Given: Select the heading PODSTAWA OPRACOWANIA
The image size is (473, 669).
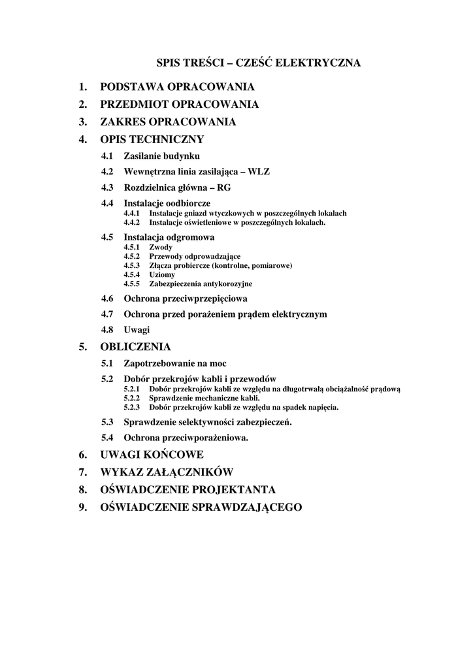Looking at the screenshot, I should [x=177, y=87].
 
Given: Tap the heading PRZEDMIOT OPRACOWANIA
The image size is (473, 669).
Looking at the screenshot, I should [x=179, y=105].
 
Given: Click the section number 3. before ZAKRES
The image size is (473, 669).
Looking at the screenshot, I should [x=83, y=122].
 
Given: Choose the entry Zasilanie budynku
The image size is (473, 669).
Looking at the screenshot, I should [x=161, y=156].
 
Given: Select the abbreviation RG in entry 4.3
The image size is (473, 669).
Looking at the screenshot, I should [x=223, y=188].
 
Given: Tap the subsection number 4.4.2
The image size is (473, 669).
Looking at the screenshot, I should [x=133, y=222].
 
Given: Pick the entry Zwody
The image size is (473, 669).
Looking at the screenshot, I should [x=161, y=248].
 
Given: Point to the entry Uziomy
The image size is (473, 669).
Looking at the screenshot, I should [x=162, y=275].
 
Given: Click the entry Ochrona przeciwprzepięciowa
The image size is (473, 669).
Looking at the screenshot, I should [x=185, y=299].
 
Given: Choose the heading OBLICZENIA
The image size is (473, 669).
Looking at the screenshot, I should [x=135, y=347].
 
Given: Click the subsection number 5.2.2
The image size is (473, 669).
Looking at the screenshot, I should [x=133, y=398].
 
